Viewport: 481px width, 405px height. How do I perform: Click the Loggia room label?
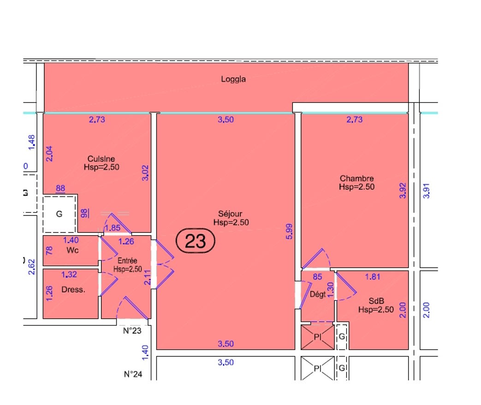pos(233,79)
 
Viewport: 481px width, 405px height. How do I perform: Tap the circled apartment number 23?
pos(195,241)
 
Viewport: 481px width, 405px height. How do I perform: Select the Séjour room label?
pos(231,214)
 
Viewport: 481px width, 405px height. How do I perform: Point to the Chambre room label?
pos(356,179)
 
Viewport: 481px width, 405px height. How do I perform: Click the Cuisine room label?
pos(101,159)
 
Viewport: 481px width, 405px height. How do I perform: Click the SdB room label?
pos(376,301)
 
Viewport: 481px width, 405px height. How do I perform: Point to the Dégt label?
pos(317,294)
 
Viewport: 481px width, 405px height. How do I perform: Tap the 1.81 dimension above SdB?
pos(373,277)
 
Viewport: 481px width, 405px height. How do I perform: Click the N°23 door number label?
pos(131,330)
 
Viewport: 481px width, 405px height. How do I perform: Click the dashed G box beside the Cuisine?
pos(59,214)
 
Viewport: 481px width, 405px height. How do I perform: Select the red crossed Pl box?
pos(317,337)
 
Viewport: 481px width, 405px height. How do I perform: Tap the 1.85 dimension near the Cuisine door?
pos(113,228)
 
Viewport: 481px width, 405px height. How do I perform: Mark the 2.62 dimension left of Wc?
pos(32,266)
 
